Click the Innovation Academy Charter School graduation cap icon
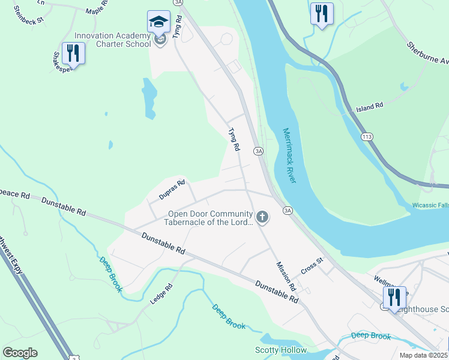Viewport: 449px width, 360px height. coord(158,23)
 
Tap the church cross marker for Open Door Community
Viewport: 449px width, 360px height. coord(262,217)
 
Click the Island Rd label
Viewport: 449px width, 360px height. coord(369,107)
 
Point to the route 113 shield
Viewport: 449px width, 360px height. coord(366,137)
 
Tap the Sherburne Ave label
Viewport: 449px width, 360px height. coord(428,53)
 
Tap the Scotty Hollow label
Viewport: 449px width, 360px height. coord(281,350)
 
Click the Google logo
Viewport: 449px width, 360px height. coord(20,353)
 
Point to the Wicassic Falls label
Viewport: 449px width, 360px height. coord(430,205)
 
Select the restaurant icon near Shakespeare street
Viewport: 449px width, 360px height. coord(73,53)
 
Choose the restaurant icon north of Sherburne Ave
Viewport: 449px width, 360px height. coord(322,13)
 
